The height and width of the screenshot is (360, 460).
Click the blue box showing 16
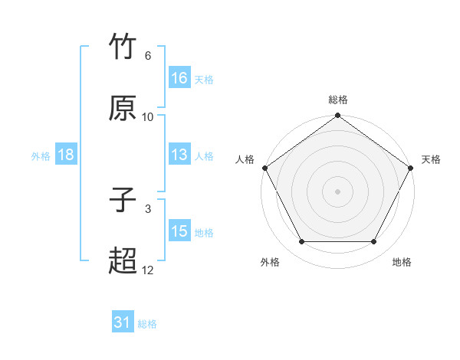click(x=179, y=78)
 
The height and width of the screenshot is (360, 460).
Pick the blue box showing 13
click(x=179, y=155)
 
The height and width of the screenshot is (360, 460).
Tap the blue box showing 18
click(x=66, y=155)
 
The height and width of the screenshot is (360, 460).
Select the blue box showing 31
click(x=123, y=323)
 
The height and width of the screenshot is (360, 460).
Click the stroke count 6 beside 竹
click(x=148, y=56)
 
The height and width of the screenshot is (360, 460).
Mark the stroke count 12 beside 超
click(x=148, y=270)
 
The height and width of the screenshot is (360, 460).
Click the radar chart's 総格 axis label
click(x=338, y=100)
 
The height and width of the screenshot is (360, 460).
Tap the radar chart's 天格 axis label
click(x=431, y=159)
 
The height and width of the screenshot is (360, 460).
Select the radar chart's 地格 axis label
click(x=402, y=263)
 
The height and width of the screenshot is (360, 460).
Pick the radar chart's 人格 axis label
click(x=245, y=159)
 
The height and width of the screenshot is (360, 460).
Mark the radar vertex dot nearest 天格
click(x=412, y=168)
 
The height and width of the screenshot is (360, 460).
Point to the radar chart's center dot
click(x=338, y=191)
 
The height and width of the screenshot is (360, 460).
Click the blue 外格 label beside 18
click(x=41, y=156)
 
